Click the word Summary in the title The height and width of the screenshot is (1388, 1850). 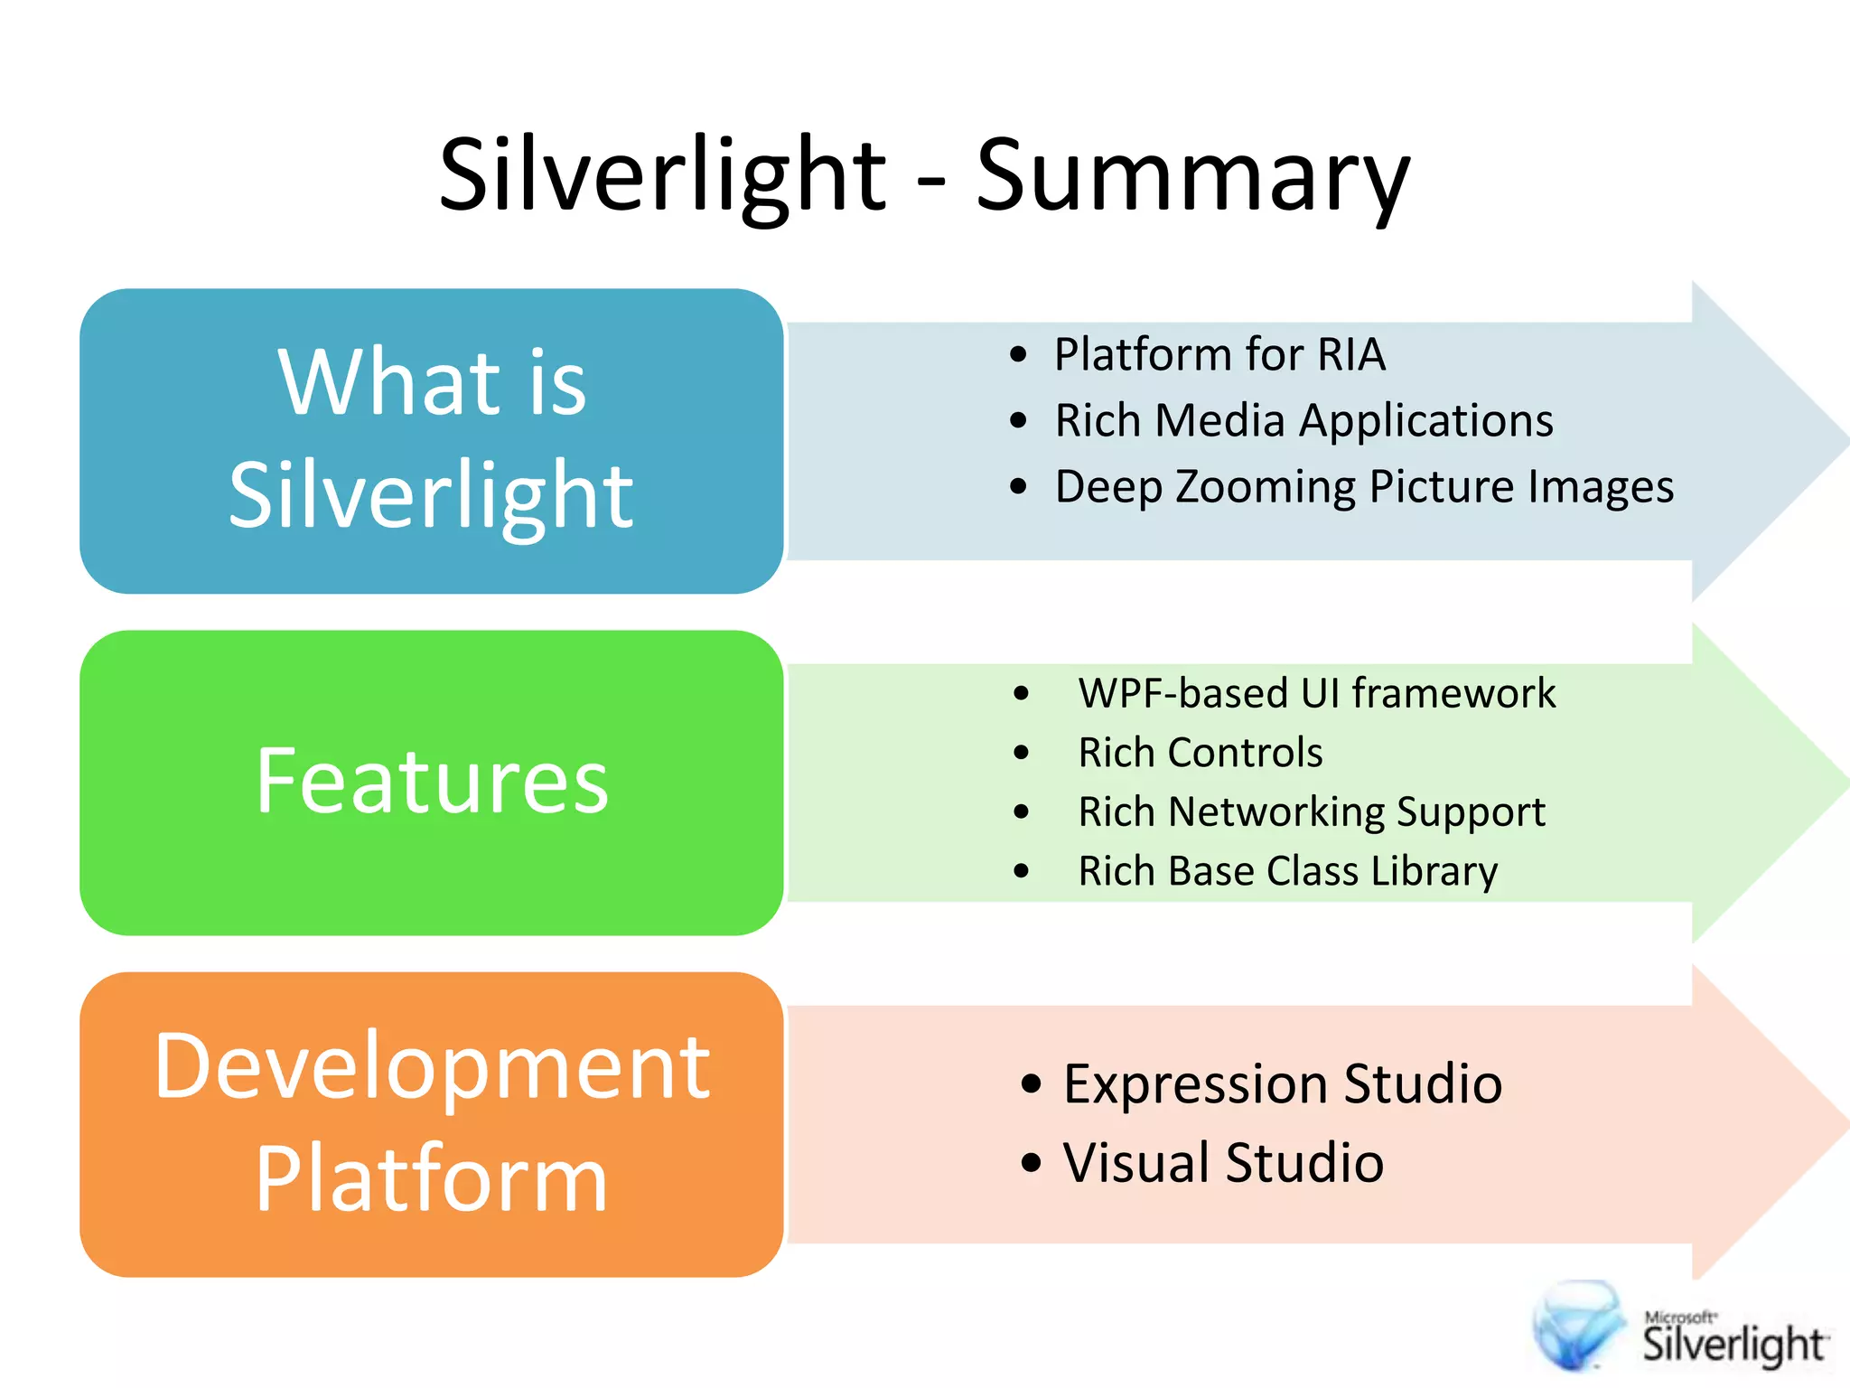[x=1192, y=176]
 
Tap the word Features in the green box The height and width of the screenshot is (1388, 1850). [x=432, y=782]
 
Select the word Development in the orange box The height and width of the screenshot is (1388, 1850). [x=432, y=1068]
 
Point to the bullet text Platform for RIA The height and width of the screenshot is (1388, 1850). [x=1219, y=354]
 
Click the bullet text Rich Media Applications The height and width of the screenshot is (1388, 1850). [x=1303, y=421]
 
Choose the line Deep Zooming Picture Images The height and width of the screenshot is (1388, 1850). [x=1364, y=487]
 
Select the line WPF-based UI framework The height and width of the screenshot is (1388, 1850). [x=1316, y=694]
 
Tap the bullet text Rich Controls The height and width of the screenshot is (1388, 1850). [x=1200, y=753]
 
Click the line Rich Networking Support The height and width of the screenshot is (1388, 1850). [x=1311, y=812]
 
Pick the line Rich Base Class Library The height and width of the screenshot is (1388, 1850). [x=1287, y=872]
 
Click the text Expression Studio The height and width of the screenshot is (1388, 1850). [x=1282, y=1083]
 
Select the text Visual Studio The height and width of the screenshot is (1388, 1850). [x=1223, y=1163]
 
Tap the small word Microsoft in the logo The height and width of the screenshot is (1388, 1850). [x=1679, y=1318]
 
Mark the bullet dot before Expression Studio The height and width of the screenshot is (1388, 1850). [x=1031, y=1084]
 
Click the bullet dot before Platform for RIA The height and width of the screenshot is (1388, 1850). [x=1019, y=355]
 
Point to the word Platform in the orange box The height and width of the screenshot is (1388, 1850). [x=432, y=1179]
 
